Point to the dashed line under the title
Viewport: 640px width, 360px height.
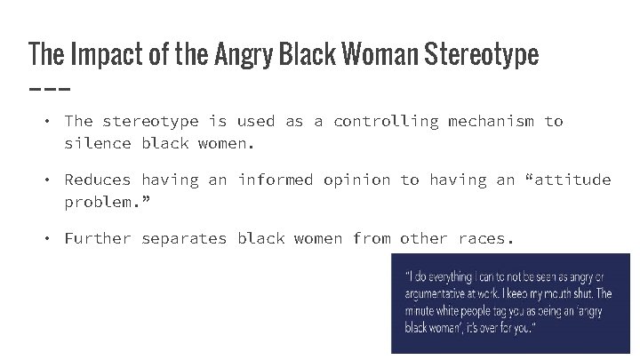point(49,90)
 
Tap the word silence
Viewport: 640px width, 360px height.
point(98,143)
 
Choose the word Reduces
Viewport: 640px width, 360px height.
point(98,180)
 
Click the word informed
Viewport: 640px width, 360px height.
point(276,180)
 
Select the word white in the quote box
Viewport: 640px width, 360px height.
point(452,310)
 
